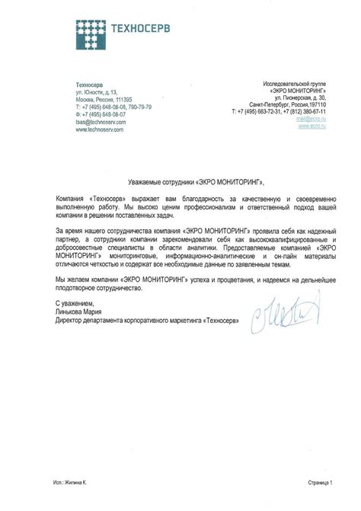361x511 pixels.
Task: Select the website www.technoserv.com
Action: point(100,129)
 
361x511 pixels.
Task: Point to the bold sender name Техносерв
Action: point(89,84)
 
